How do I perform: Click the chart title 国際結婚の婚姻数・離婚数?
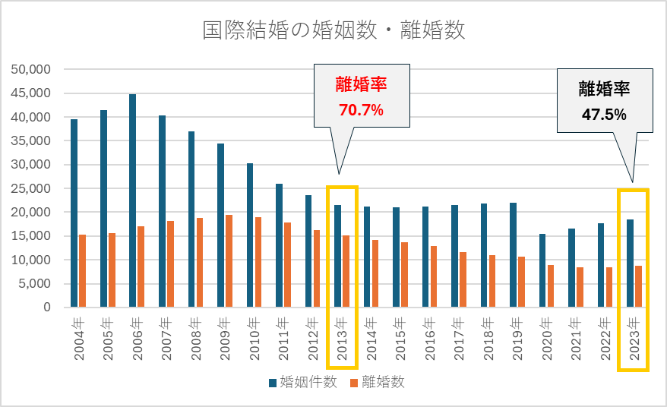(x=333, y=30)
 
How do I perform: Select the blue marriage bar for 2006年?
(x=132, y=201)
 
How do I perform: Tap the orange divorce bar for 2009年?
(x=229, y=261)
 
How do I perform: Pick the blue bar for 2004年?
(x=74, y=213)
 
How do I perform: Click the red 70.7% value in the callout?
(x=361, y=111)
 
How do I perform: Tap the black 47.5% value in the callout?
(x=604, y=115)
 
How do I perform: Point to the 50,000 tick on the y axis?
(x=31, y=70)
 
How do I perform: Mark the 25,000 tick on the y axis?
(x=31, y=188)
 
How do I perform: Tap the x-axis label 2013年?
(x=341, y=338)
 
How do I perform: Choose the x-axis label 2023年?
(x=634, y=338)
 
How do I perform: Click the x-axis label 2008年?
(x=195, y=338)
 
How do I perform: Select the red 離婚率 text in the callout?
(x=361, y=84)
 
